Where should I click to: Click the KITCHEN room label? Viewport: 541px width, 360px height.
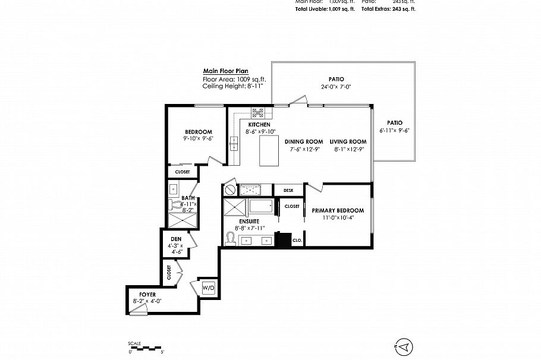coord(259,124)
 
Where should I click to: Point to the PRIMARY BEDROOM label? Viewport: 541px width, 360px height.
coord(336,210)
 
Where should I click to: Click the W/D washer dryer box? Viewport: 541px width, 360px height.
coord(209,288)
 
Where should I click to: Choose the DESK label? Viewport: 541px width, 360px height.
coord(288,190)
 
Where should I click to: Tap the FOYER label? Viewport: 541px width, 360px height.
coord(147,294)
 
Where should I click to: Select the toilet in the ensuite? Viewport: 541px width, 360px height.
coord(231,238)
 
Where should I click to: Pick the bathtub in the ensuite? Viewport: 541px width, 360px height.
coord(262,207)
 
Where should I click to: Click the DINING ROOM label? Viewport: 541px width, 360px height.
coord(303,141)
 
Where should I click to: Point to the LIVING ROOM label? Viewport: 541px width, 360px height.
coord(348,141)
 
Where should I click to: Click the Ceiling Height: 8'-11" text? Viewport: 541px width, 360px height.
coord(232,86)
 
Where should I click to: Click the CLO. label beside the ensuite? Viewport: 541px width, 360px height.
coord(297,241)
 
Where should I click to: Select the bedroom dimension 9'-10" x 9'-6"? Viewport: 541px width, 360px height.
coord(198,138)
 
